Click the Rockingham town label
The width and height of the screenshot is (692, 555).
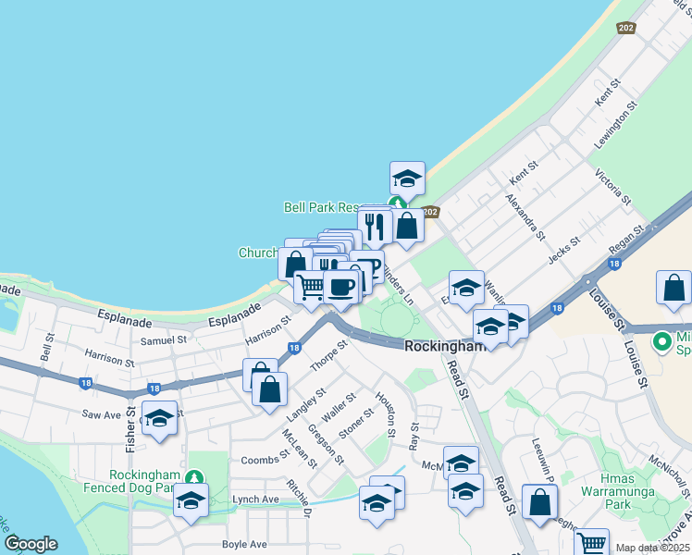(x=444, y=345)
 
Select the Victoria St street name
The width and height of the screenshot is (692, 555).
(x=613, y=187)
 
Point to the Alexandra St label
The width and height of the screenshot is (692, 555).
(x=525, y=216)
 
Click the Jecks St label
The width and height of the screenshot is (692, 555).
(x=563, y=250)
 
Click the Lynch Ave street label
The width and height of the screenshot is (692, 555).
(x=256, y=499)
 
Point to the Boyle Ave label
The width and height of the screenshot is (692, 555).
(x=244, y=544)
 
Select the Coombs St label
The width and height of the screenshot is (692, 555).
(x=266, y=460)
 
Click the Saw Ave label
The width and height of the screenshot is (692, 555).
(x=102, y=414)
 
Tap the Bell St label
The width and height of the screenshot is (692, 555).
(x=48, y=349)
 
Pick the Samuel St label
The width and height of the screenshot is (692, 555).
(x=163, y=339)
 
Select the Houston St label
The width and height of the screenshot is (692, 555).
(x=386, y=413)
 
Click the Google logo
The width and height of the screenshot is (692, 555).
(x=31, y=543)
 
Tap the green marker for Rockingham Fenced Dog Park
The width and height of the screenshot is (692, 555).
(x=192, y=478)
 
